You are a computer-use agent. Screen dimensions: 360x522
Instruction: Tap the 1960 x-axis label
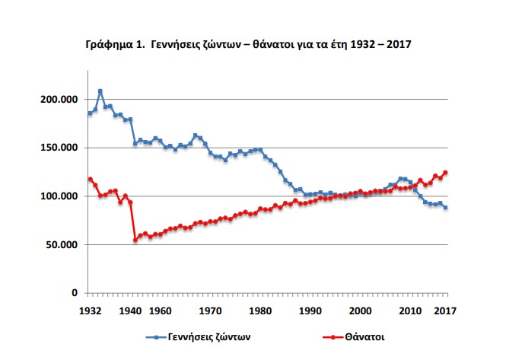pos(160,311)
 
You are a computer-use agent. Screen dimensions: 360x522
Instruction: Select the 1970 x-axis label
pos(211,311)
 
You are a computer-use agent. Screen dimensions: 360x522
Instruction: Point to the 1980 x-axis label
pos(261,311)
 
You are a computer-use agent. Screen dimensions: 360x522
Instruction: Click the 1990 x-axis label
pos(310,311)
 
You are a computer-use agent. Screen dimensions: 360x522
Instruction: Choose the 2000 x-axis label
pos(361,311)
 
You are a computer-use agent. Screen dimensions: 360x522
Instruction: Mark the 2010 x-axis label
pos(411,311)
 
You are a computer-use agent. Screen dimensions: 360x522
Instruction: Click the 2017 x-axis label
pos(446,311)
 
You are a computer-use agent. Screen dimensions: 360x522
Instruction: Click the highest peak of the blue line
pos(100,91)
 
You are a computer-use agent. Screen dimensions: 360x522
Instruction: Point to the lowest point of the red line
pos(135,240)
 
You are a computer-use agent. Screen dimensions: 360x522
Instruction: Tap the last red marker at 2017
pos(446,173)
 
